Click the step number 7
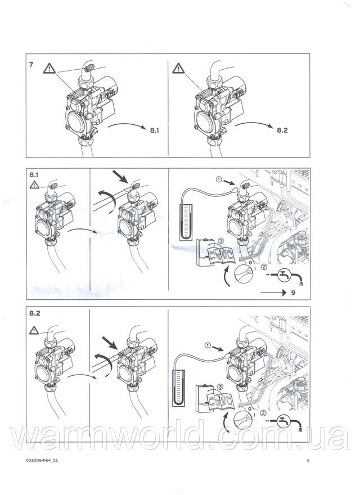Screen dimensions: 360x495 [31, 65]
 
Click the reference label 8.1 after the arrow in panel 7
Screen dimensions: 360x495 [155, 130]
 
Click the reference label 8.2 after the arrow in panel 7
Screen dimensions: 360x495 [282, 130]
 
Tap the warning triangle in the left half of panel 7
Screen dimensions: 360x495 [49, 68]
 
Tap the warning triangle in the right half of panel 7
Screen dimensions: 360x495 [179, 68]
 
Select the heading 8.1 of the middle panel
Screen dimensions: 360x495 [35, 174]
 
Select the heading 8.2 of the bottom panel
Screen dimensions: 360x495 [35, 313]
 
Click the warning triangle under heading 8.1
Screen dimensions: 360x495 [34, 185]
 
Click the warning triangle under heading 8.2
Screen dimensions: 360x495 [34, 331]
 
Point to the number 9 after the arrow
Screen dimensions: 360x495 [294, 293]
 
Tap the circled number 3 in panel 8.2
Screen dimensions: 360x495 [220, 386]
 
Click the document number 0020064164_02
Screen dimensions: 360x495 [42, 461]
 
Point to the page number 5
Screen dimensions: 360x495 [308, 461]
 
